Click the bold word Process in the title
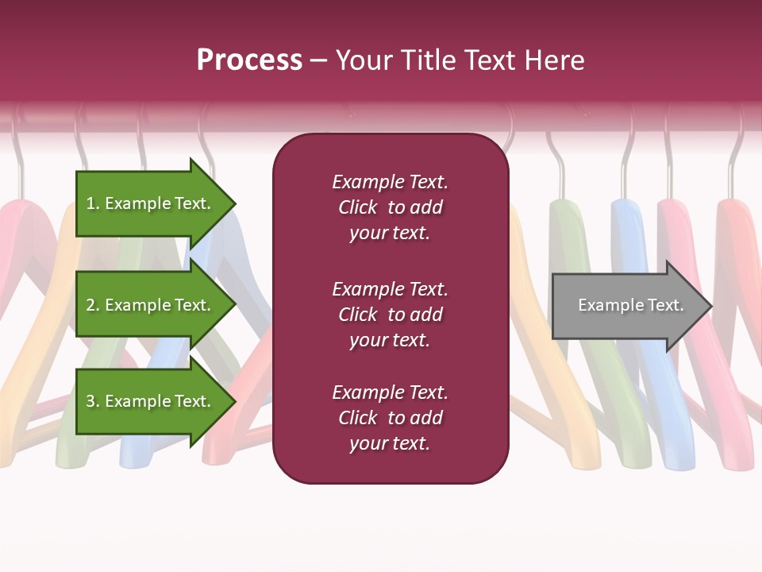pos(249,60)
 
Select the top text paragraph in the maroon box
pos(390,207)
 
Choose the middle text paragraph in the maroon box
pos(390,315)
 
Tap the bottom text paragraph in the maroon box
pos(390,418)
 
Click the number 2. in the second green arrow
pos(93,305)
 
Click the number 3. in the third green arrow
pos(93,401)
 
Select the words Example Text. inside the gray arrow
pos(631,305)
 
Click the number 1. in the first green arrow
pos(92,203)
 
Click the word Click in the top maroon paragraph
pos(358,207)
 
